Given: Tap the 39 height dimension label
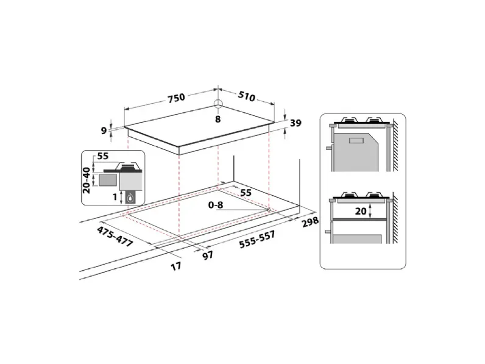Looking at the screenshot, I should coord(296,123).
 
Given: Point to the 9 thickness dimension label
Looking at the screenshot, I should coord(104,130).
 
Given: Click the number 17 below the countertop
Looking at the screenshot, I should coord(175,266).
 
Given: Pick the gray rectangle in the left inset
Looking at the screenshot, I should coord(108,179).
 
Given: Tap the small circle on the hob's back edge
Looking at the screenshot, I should coord(218,103).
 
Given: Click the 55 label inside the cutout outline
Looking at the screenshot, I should coord(246,192).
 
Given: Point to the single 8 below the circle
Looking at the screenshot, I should coord(218,118).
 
